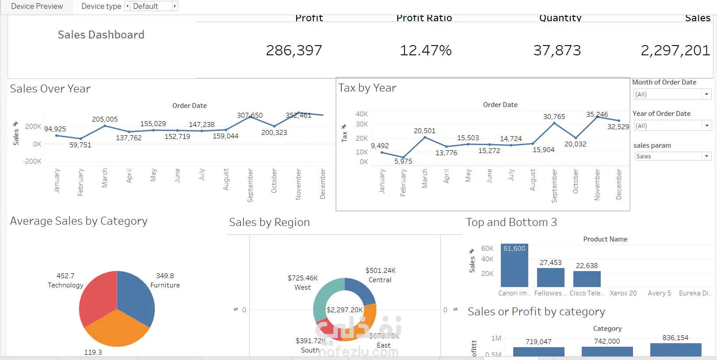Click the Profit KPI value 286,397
pyautogui.click(x=294, y=51)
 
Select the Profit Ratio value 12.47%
pyautogui.click(x=426, y=51)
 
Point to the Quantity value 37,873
pyautogui.click(x=557, y=51)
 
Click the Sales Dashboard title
pyautogui.click(x=101, y=35)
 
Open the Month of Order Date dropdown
pyautogui.click(x=672, y=94)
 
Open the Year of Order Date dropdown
pyautogui.click(x=672, y=126)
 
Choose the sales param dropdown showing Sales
pyautogui.click(x=672, y=156)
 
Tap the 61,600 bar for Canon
pyautogui.click(x=514, y=268)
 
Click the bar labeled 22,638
pyautogui.click(x=587, y=279)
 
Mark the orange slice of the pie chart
pyautogui.click(x=116, y=329)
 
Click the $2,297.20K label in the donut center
pyautogui.click(x=344, y=310)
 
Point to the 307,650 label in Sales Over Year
pyautogui.click(x=250, y=115)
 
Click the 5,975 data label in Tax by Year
pyautogui.click(x=403, y=161)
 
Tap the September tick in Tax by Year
pyautogui.click(x=554, y=186)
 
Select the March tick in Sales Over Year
pyautogui.click(x=105, y=178)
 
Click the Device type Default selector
pyautogui.click(x=151, y=6)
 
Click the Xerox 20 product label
pyautogui.click(x=623, y=293)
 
